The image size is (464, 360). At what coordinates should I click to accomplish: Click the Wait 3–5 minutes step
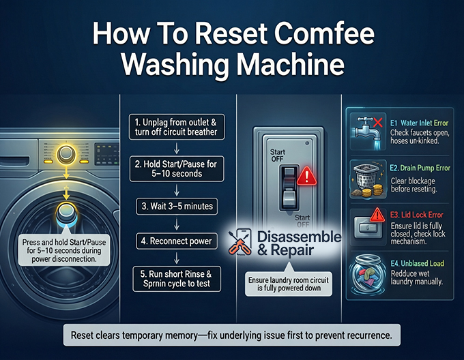(176, 206)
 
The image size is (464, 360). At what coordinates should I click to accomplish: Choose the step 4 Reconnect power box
(176, 241)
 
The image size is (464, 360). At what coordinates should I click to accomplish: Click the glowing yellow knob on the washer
(66, 153)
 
